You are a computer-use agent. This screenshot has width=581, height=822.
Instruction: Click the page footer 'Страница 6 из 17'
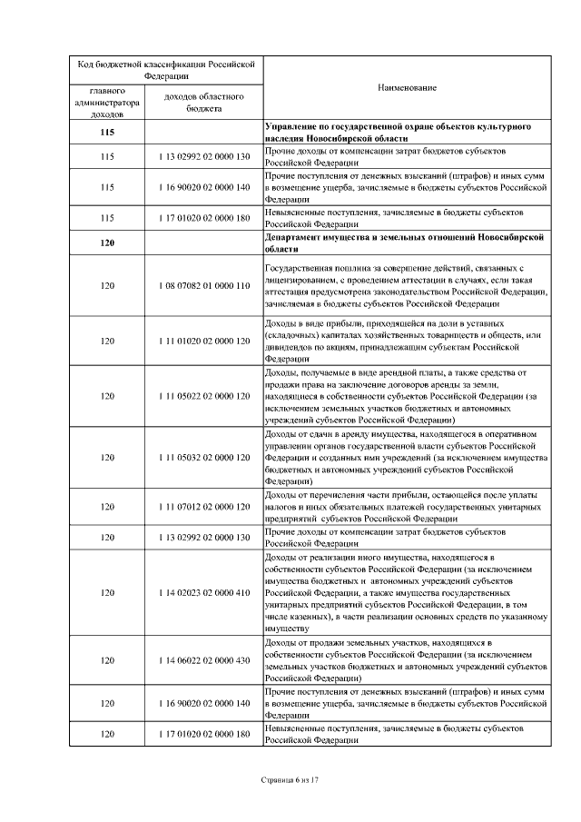tap(290, 779)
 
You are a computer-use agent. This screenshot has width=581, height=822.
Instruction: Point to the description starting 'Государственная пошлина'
tap(406, 285)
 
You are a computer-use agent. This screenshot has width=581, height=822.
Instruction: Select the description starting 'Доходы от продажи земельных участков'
tap(406, 660)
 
